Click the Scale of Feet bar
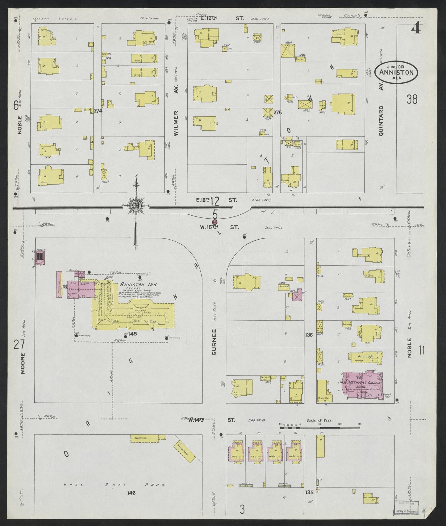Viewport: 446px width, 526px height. (x=319, y=428)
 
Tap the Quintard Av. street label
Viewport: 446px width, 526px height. (x=381, y=120)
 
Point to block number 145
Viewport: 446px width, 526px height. (x=133, y=334)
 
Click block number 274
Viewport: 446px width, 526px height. (x=98, y=110)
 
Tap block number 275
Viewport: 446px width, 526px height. (x=277, y=113)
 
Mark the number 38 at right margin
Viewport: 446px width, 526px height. (x=412, y=99)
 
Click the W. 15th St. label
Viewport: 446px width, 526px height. (x=219, y=227)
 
